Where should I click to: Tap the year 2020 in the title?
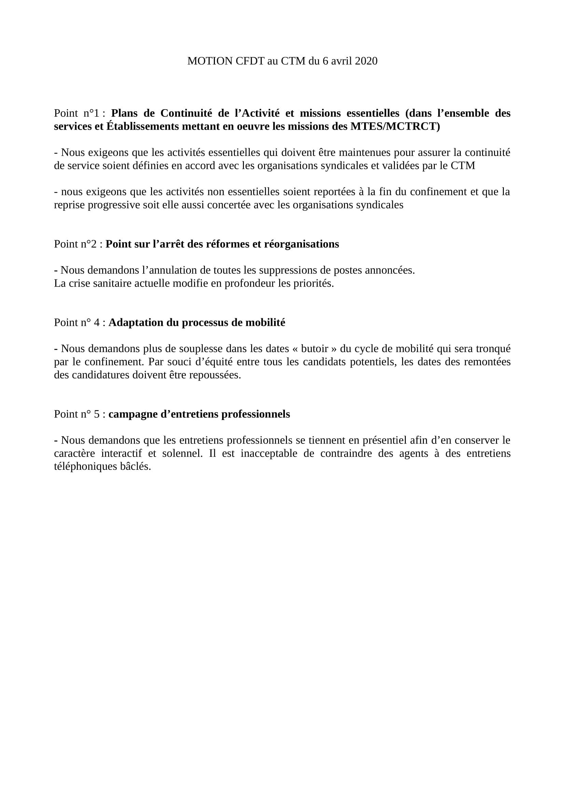coord(366,61)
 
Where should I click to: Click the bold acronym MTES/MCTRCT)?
coord(395,127)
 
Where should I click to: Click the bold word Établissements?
coord(143,127)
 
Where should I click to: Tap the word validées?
coord(400,166)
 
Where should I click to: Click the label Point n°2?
coord(75,244)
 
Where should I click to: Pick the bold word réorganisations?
coord(301,244)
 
